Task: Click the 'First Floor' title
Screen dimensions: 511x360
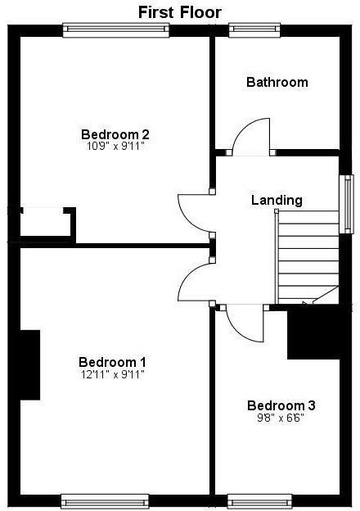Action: [179, 11]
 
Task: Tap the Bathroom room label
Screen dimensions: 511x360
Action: [277, 82]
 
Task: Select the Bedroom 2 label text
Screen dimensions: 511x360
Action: [115, 134]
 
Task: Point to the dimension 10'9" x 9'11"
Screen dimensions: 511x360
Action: [115, 147]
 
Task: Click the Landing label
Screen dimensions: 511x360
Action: [277, 200]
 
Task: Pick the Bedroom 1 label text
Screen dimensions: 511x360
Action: [112, 362]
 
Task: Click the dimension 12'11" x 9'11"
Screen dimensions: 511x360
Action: [112, 375]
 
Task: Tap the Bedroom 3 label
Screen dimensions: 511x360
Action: [281, 405]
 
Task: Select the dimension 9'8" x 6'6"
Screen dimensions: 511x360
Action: [281, 418]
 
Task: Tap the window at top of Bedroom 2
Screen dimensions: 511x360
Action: [116, 30]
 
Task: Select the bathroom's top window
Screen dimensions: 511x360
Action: [254, 30]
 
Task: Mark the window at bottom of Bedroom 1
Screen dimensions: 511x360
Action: [105, 500]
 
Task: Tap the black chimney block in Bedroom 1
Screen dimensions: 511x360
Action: [29, 364]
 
